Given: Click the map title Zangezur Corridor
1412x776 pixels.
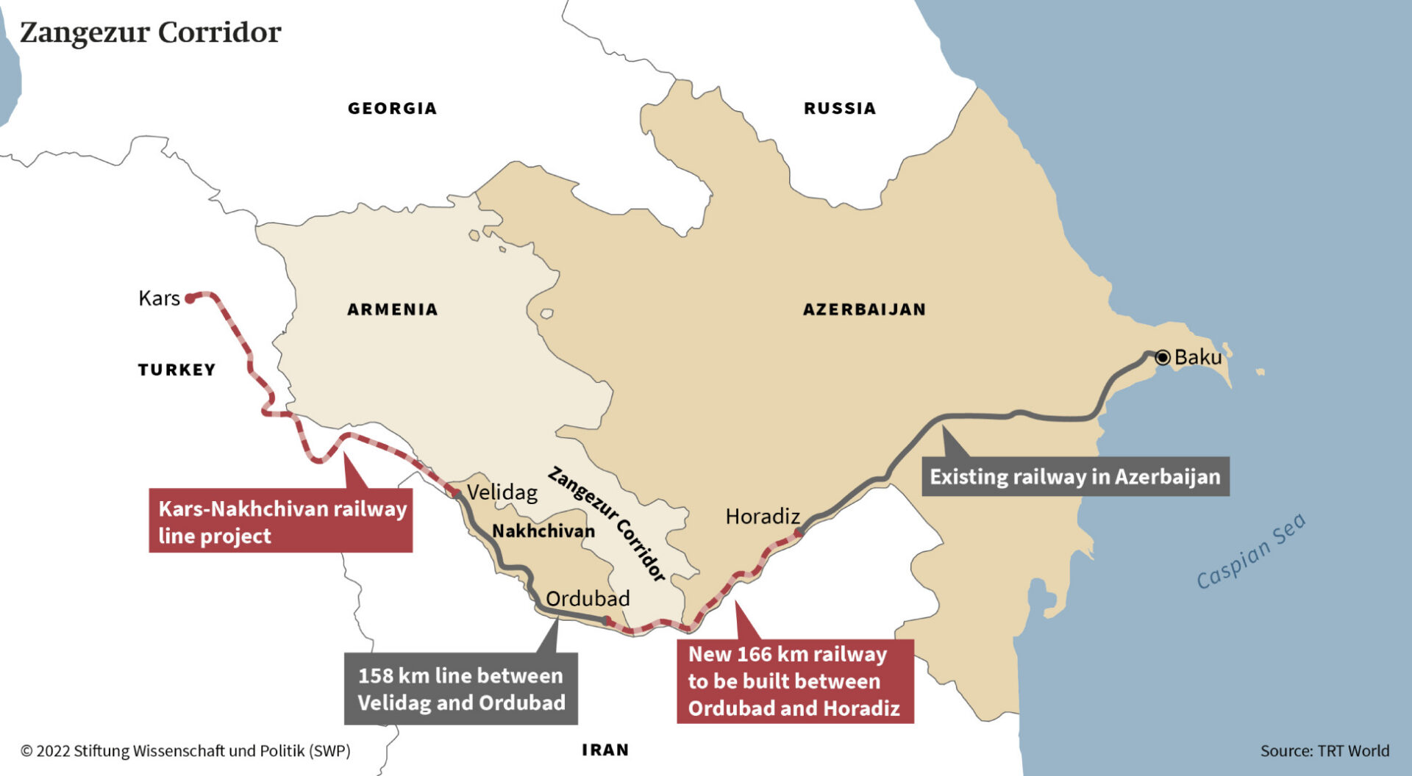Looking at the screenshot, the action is (150, 32).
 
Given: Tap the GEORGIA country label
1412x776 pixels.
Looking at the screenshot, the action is (392, 109).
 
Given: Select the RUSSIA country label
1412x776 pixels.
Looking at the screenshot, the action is (839, 109).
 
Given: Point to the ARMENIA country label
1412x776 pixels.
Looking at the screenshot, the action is (392, 309).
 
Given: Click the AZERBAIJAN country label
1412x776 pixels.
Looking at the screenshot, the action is (863, 309).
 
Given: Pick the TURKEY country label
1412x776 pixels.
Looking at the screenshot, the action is (176, 370).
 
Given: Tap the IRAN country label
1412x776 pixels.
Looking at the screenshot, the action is (605, 750).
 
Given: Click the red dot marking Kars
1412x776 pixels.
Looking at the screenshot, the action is (190, 298).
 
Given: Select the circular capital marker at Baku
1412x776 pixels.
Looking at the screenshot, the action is (1163, 358).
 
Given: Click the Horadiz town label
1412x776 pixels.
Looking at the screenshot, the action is (762, 517).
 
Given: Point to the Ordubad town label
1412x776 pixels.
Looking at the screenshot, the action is (588, 599).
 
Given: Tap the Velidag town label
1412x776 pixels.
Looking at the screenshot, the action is (502, 492).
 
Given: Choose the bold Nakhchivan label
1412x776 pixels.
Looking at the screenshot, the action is (543, 531).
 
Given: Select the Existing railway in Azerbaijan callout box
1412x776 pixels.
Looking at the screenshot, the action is (1074, 477).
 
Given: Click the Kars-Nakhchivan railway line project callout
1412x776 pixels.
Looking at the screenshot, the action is (281, 521).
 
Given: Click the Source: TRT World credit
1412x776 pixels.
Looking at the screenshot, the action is (1324, 751).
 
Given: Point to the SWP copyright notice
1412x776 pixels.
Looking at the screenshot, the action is (185, 751).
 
